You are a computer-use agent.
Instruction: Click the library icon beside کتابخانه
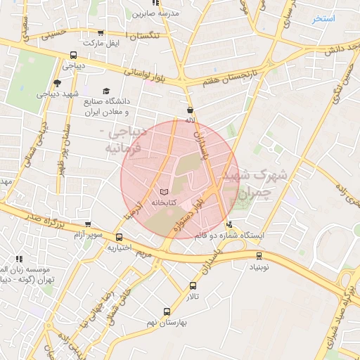165,192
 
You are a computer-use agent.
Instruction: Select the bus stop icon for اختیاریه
120,238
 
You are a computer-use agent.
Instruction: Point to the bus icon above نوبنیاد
259,256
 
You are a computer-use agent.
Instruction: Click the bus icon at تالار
193,285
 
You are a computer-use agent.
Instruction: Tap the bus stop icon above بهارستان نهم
167,311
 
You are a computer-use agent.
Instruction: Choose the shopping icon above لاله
190,110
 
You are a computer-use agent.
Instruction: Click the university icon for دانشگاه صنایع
106,91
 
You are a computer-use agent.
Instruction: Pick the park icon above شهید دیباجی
57,83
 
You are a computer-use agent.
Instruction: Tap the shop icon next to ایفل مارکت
101,32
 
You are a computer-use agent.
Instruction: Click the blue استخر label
324,18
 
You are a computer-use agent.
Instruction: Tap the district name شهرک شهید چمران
246,184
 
